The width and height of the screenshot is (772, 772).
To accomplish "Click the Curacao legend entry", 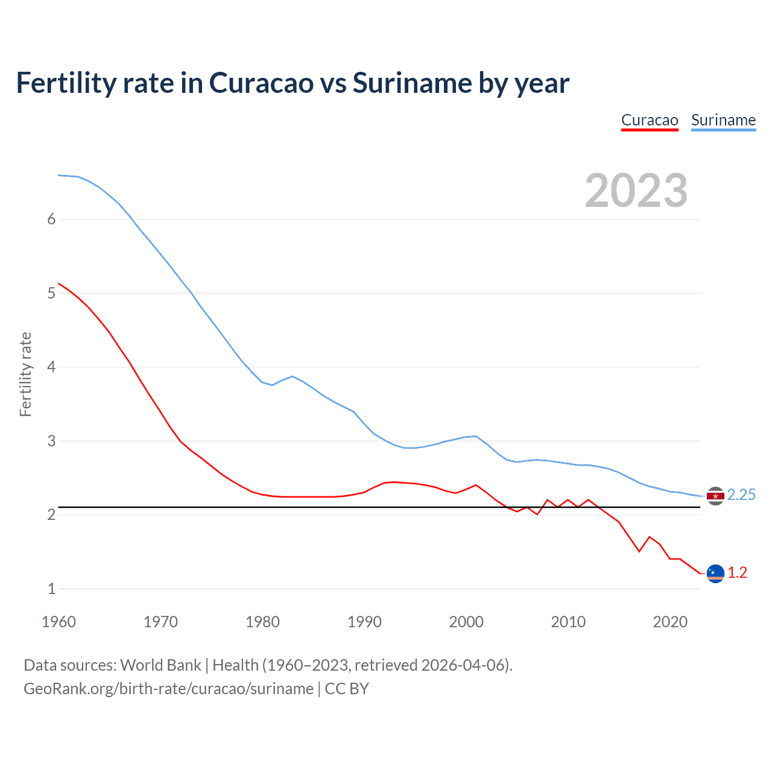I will (x=650, y=120).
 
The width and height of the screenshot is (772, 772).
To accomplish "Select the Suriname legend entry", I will (x=723, y=120).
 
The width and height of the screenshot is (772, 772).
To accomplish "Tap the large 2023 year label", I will (x=636, y=191).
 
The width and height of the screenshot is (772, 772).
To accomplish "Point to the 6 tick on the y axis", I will (x=51, y=220).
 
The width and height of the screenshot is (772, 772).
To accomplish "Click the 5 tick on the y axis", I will (x=51, y=293).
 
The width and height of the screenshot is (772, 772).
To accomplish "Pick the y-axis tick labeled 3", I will (x=51, y=441).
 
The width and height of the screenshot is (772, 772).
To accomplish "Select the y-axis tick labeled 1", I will (x=51, y=589).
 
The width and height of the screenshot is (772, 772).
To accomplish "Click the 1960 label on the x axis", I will (x=59, y=622).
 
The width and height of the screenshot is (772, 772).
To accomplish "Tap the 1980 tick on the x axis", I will (x=262, y=622).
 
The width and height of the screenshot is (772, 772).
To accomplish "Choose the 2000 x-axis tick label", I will (x=466, y=622).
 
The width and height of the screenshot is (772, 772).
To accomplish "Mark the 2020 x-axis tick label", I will (x=670, y=622).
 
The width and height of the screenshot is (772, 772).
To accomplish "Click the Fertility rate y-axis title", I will (x=25, y=374).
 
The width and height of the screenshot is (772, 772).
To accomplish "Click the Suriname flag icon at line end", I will (x=715, y=496).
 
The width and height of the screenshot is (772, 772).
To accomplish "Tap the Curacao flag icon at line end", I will (x=715, y=573).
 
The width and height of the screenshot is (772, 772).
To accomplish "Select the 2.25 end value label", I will (x=741, y=495).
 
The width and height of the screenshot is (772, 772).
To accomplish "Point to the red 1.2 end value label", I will (x=737, y=572).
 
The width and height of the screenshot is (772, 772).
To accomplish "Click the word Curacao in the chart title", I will (x=261, y=83).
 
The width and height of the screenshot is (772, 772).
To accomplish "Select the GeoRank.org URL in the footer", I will (x=168, y=689).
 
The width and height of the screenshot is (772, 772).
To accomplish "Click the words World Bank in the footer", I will (x=160, y=665).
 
